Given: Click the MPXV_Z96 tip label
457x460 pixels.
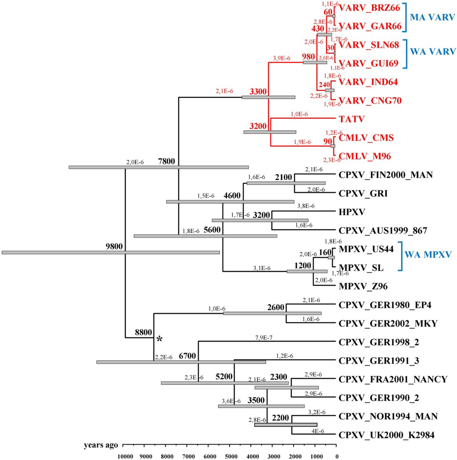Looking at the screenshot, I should [362, 286].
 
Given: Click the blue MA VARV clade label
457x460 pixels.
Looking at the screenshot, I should [432, 17].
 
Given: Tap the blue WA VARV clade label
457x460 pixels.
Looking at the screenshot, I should [432, 50].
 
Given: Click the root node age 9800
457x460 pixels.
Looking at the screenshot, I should [114, 247].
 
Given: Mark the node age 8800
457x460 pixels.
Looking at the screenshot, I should [143, 332].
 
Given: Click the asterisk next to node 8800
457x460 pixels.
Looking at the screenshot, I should [158, 339].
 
